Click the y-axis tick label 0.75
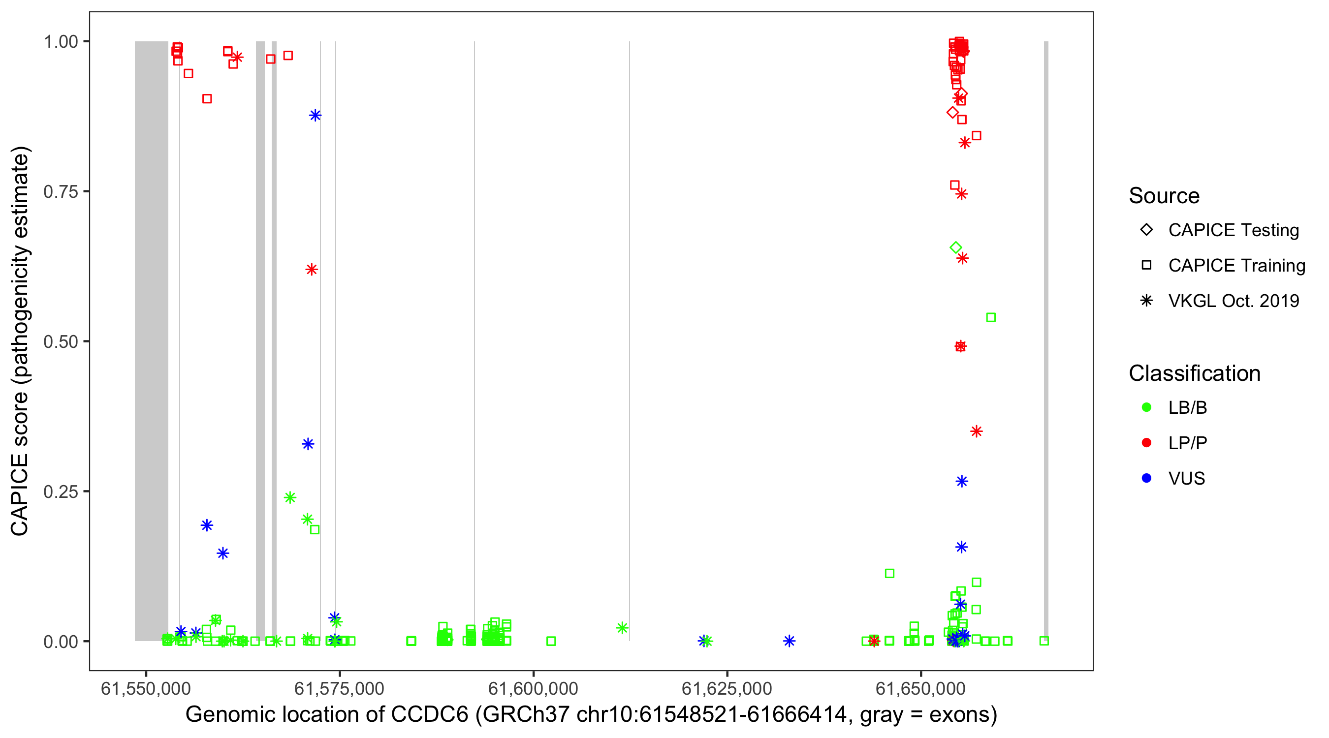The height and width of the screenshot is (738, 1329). click(x=61, y=192)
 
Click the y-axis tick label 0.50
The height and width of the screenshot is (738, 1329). click(x=61, y=341)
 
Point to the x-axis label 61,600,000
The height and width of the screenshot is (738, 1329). click(x=533, y=688)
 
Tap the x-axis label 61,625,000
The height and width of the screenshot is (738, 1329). click(x=727, y=688)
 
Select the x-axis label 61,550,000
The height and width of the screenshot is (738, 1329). click(x=146, y=688)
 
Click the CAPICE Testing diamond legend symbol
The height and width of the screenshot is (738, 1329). click(x=1146, y=230)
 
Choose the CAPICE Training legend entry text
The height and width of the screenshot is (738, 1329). click(x=1236, y=266)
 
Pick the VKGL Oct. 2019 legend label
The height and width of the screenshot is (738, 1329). click(x=1234, y=301)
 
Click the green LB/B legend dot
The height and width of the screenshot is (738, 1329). click(x=1146, y=408)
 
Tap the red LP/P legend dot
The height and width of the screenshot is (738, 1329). click(x=1146, y=443)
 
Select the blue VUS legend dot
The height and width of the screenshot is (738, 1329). click(x=1146, y=479)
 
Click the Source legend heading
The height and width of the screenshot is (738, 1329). click(x=1164, y=196)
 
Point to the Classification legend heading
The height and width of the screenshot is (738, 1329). click(x=1194, y=373)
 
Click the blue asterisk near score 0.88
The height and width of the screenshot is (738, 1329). click(x=315, y=116)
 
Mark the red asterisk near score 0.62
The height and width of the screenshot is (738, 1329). click(x=311, y=270)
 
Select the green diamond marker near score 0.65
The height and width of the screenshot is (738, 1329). click(x=955, y=248)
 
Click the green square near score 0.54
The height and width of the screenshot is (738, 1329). click(x=990, y=318)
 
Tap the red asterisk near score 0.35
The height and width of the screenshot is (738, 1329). click(x=976, y=431)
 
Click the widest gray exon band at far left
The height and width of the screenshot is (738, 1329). click(x=151, y=340)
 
